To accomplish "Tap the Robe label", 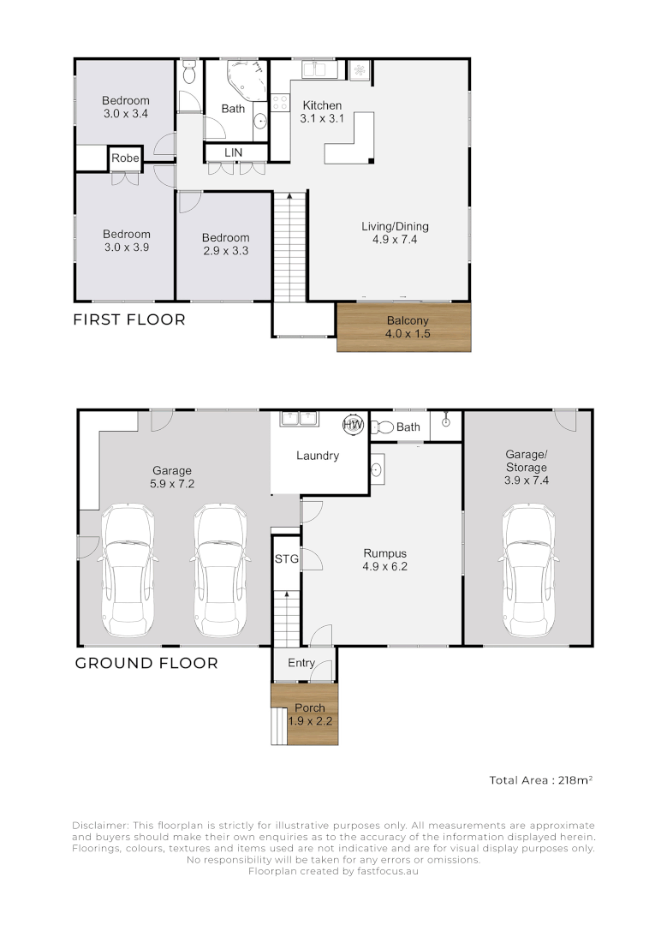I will tap(125, 158).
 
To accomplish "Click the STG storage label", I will tap(286, 559).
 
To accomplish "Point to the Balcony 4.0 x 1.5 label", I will tap(403, 327).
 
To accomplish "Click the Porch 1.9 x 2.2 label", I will tap(309, 714).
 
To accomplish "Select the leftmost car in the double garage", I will tap(127, 570).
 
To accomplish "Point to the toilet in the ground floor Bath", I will tap(384, 427).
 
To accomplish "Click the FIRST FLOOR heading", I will tap(129, 320).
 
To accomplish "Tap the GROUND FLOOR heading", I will tap(146, 663).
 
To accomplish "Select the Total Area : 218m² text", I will tap(541, 780).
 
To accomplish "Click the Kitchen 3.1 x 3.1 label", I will tap(323, 112).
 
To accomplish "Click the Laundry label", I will tap(318, 456).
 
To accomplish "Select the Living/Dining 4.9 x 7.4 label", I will tap(395, 233).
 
